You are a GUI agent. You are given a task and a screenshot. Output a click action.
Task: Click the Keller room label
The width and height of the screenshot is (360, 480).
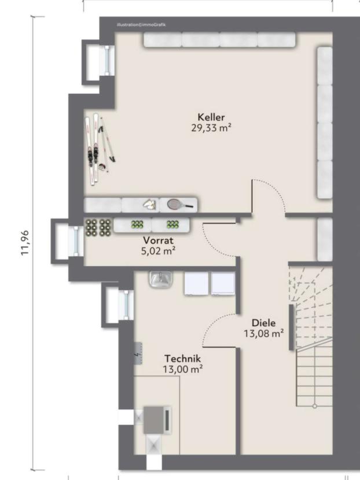coord(211,117)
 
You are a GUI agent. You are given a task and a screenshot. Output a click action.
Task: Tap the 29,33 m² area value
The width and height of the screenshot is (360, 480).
coord(211,128)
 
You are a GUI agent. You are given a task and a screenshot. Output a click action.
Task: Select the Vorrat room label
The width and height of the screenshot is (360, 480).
coord(158,240)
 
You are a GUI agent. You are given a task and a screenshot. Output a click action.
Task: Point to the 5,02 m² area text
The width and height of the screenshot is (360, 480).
coord(158,251)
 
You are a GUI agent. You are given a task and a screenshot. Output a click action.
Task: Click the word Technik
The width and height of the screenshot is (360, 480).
coord(182,358)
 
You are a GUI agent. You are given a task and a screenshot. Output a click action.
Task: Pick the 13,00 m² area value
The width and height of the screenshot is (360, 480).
coord(182,369)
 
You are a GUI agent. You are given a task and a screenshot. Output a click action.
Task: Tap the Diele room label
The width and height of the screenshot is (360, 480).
coord(263,323)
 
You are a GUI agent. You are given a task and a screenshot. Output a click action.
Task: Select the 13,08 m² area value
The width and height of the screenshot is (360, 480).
coord(263,333)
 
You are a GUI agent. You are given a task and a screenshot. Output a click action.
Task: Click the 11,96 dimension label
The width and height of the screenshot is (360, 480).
coord(24,243)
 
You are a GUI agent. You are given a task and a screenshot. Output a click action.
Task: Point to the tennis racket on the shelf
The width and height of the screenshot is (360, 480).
coord(180,204)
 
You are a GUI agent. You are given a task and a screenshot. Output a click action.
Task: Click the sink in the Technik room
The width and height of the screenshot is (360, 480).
coord(161,279)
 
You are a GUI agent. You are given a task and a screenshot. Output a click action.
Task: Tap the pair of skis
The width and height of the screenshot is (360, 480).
coord(93,149)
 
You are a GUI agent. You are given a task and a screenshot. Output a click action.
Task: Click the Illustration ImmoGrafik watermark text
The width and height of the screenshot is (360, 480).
coord(141,25)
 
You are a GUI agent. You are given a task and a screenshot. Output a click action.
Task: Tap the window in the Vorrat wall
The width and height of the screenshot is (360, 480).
coord(76,241)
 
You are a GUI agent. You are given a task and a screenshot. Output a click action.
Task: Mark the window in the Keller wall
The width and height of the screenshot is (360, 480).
coord(106,61)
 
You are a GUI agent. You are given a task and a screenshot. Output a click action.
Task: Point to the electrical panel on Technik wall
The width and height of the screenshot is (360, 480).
coord(138,353)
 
